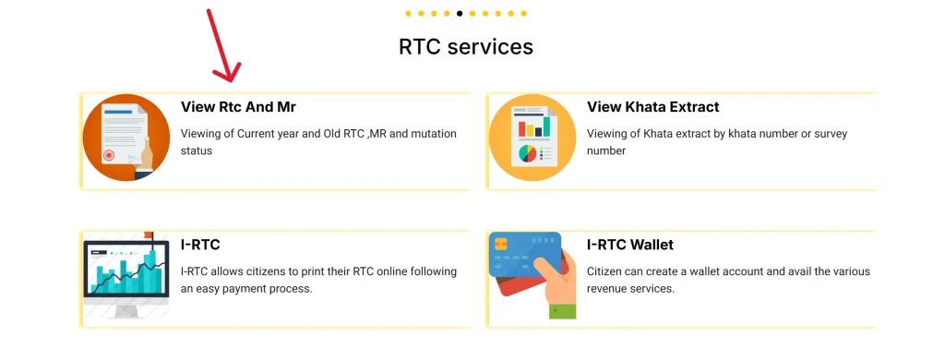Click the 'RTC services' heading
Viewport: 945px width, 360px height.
[x=466, y=46]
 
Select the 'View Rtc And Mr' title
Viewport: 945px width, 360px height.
[x=238, y=107]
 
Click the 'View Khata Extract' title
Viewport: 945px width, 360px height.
[x=652, y=107]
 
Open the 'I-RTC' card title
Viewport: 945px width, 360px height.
[x=200, y=245]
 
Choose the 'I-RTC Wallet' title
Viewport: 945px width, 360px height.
[x=630, y=245]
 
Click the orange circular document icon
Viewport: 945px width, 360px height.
[x=126, y=138]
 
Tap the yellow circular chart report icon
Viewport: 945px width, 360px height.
[x=532, y=138]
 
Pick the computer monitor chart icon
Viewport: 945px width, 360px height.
[x=126, y=275]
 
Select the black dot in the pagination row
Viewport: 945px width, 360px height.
[x=460, y=14]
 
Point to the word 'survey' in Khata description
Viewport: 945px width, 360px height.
[x=826, y=134]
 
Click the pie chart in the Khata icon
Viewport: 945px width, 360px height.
[x=528, y=152]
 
